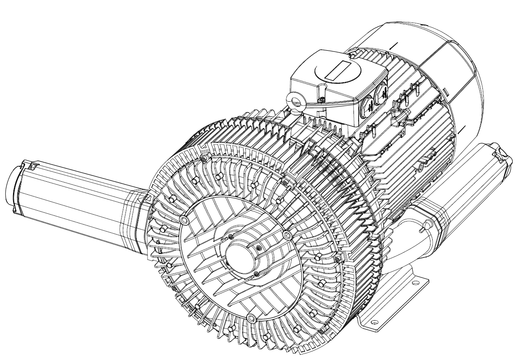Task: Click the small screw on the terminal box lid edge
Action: pos(321,100)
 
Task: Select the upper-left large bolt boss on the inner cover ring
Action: pos(185,220)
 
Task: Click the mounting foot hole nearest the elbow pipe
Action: pos(415,283)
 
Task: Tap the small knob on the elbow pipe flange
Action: pos(427,224)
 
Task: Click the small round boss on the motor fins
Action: pos(422,166)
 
